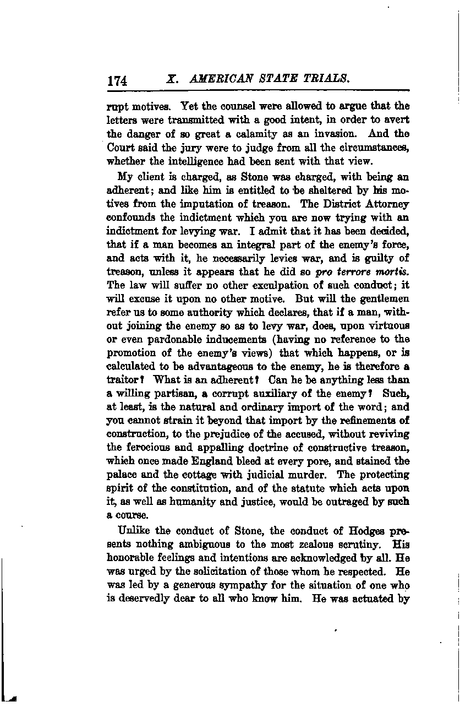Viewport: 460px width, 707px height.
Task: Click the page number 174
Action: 118,80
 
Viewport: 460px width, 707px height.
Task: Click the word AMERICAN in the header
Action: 217,79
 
